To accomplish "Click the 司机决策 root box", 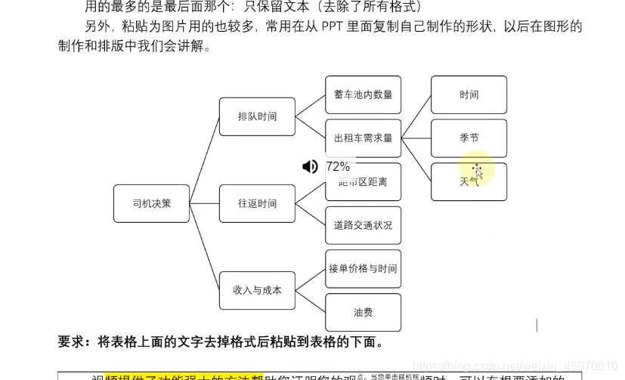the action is (151, 203).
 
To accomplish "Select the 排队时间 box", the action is (257, 116).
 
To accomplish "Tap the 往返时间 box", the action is (257, 203).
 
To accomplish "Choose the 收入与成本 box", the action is (257, 290).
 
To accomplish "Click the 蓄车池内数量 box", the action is (363, 94).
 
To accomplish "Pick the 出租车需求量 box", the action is (363, 138).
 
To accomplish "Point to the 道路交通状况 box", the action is (363, 225).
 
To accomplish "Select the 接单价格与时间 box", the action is (363, 269).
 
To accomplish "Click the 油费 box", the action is (363, 312).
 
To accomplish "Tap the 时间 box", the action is (469, 94).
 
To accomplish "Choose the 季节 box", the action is (469, 138).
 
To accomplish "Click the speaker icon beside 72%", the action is (310, 166).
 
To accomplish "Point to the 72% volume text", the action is (338, 166).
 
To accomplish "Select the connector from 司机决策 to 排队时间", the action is (204, 160).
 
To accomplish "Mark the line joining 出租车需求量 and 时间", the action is (416, 116).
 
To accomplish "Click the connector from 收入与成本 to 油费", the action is (310, 301).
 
